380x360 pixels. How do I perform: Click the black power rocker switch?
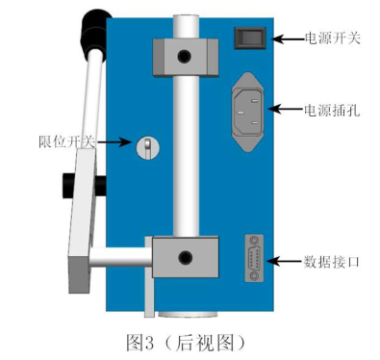pos(251,38)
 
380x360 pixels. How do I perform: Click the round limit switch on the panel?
pos(147,146)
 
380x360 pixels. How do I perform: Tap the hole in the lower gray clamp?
pos(184,257)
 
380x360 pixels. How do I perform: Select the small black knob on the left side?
pos(68,180)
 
